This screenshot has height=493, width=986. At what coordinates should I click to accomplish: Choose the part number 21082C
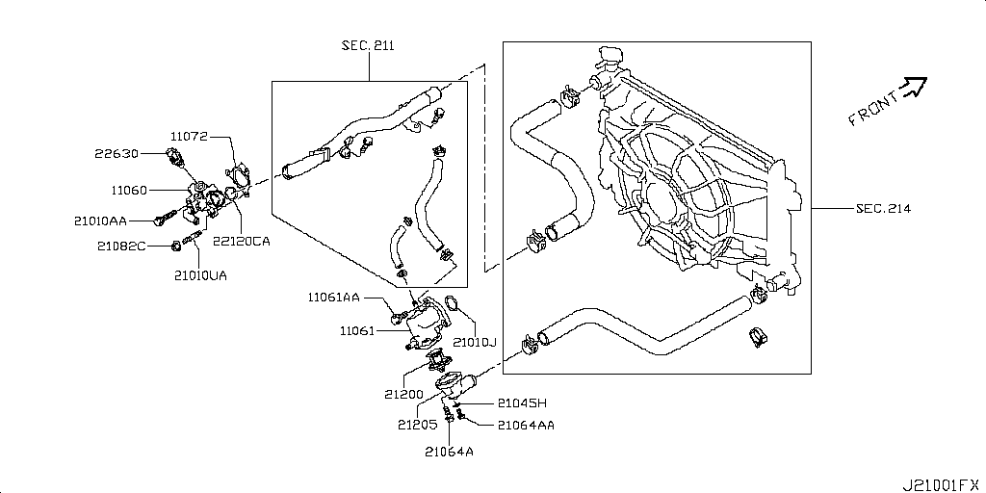pos(120,246)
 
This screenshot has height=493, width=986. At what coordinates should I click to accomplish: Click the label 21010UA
pos(200,275)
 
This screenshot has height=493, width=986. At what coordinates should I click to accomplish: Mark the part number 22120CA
pos(241,242)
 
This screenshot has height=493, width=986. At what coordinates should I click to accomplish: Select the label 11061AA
pos(334,298)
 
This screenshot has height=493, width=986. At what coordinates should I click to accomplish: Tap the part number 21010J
pos(474,342)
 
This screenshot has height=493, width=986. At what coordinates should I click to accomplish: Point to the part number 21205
pos(416,423)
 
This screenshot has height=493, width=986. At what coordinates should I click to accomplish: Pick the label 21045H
pos(522,403)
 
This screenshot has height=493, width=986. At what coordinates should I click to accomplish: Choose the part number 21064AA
pos(525,425)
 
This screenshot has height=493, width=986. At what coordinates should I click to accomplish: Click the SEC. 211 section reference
pos(368,45)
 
